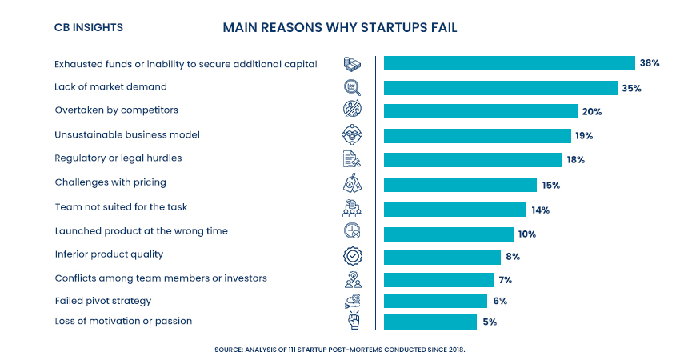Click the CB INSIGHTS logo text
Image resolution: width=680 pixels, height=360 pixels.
click(x=88, y=27)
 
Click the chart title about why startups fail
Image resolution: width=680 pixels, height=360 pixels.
click(x=340, y=27)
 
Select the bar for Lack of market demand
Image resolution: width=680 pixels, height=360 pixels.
click(x=500, y=88)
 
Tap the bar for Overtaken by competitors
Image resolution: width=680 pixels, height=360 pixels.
click(x=480, y=111)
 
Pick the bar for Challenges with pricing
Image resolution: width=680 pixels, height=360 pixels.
click(x=460, y=185)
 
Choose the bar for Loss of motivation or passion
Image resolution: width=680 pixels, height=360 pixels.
click(x=430, y=322)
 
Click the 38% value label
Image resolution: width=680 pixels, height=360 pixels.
click(x=648, y=63)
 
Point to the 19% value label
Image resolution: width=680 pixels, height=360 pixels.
click(x=584, y=136)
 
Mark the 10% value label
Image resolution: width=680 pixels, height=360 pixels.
click(x=526, y=234)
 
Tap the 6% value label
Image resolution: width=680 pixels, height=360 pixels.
click(x=500, y=301)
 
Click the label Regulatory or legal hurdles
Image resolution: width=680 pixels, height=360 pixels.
click(x=118, y=158)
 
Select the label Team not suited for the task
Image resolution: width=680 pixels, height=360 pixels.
click(x=121, y=207)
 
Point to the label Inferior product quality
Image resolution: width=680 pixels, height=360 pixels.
click(x=109, y=254)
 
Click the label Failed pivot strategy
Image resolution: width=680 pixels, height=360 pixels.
click(x=102, y=301)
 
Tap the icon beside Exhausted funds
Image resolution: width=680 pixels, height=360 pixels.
click(x=352, y=63)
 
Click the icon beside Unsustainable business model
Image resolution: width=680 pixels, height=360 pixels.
click(x=352, y=134)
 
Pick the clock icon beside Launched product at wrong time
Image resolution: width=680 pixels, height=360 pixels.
click(x=352, y=231)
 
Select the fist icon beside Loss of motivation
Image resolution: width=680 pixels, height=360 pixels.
click(x=352, y=322)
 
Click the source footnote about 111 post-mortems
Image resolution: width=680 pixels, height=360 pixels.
click(x=339, y=349)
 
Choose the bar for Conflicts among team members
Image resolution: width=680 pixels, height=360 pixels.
click(x=438, y=280)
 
